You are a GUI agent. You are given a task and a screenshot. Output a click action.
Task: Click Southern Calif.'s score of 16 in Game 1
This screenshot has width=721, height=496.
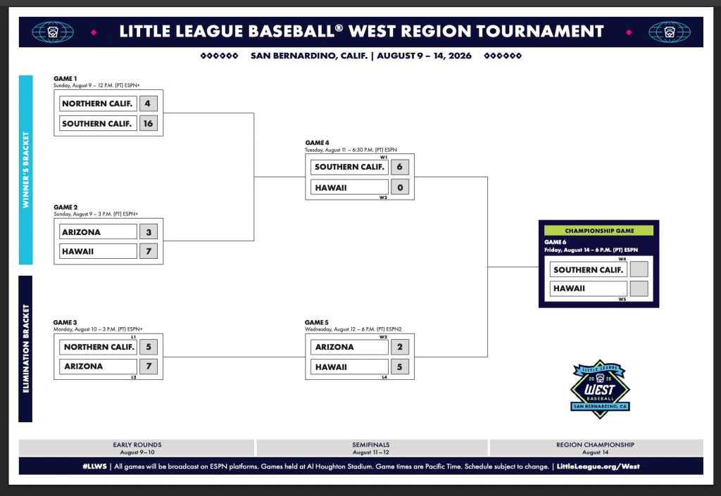click(x=148, y=123)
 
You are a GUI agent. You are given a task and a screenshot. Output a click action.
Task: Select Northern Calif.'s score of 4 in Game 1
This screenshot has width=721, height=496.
click(x=148, y=103)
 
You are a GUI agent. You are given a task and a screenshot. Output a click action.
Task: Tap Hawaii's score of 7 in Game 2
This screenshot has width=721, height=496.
click(x=149, y=251)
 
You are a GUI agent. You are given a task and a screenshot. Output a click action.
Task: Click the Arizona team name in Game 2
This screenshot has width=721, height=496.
click(x=81, y=232)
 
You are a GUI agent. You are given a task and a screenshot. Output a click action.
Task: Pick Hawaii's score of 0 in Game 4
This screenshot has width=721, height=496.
click(x=400, y=187)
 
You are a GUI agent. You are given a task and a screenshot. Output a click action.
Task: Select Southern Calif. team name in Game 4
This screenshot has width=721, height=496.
click(x=349, y=167)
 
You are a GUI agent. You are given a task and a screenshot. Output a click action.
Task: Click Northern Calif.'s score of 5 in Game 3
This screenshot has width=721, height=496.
click(x=149, y=347)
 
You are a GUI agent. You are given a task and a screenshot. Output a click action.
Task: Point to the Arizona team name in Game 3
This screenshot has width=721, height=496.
click(x=83, y=367)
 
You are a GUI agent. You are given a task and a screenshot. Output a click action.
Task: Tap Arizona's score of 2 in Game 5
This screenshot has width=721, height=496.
click(x=400, y=347)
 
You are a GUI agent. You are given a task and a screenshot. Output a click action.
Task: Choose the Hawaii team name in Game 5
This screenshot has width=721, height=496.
click(x=331, y=367)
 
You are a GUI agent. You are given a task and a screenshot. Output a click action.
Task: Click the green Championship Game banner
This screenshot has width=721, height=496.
click(x=598, y=231)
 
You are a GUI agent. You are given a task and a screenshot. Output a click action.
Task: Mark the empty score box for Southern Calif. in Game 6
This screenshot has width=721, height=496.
click(x=639, y=269)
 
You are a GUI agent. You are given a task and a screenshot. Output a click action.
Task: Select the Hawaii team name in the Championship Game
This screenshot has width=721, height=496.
click(x=569, y=288)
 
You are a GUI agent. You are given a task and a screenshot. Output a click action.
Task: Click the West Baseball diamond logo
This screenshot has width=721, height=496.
click(x=600, y=389)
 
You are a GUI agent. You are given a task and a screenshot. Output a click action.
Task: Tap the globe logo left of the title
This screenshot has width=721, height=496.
click(x=53, y=32)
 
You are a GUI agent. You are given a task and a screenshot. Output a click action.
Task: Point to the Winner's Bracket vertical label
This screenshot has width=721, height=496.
click(x=26, y=170)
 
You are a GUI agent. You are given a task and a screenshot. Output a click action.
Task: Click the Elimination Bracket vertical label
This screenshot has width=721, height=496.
click(x=26, y=348)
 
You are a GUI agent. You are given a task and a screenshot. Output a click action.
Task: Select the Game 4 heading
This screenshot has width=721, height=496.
click(x=318, y=143)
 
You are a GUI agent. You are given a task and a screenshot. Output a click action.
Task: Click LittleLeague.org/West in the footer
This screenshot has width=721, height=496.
click(x=598, y=466)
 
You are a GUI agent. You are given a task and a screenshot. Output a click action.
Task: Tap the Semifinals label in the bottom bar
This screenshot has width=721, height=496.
click(x=370, y=445)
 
